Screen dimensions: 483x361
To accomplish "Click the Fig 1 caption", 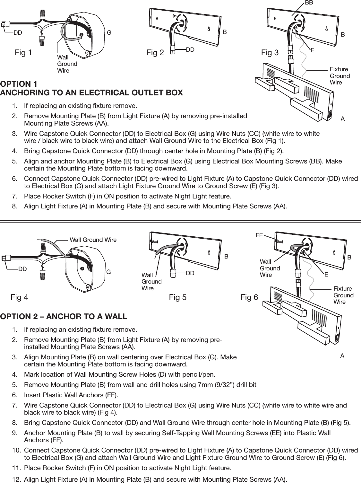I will point(23,53).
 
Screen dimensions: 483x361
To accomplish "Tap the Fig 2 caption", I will point(155,53).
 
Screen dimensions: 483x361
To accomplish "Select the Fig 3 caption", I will point(270,53).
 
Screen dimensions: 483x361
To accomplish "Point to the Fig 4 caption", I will point(19,298).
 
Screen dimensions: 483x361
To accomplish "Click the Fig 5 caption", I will point(177,298).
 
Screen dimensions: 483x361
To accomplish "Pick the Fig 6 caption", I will point(249,298).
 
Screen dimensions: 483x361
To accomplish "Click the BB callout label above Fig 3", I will point(309,3).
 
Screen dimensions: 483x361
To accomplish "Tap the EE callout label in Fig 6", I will point(259,235).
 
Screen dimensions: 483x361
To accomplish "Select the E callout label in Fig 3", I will point(312,50).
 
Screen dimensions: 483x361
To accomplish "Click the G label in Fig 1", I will point(109,32).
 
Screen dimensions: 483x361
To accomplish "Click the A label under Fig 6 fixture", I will point(342,356).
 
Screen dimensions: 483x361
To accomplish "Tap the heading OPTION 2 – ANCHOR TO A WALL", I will point(64,317).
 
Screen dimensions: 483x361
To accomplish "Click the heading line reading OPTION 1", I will point(19,84).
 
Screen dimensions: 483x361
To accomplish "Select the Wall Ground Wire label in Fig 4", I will point(93,240).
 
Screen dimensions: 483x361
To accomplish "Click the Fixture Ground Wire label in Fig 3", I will point(340,76).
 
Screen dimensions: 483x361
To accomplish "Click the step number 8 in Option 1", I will point(14,206).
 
